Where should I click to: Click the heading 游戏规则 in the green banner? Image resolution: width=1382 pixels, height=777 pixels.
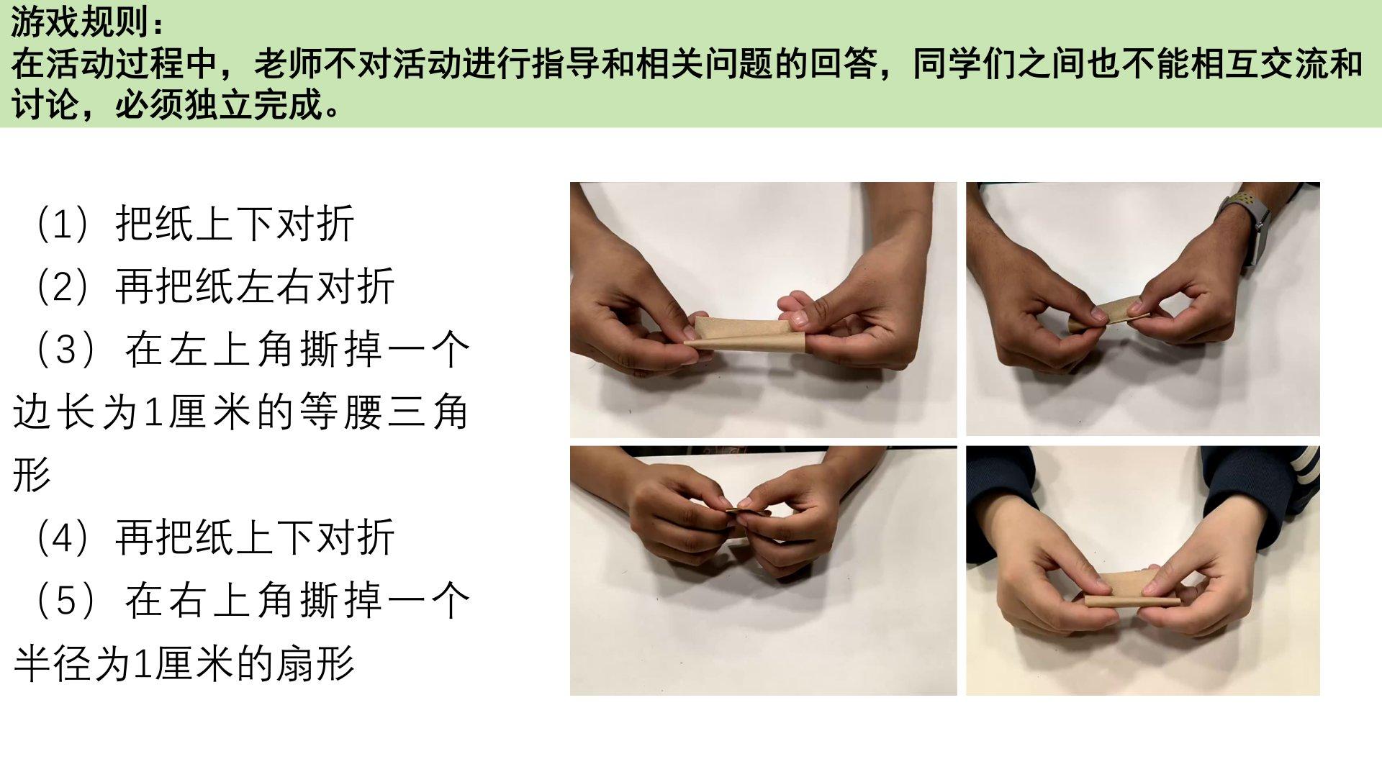(x=78, y=23)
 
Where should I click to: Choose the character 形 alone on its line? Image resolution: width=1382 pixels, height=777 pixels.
(x=32, y=474)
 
